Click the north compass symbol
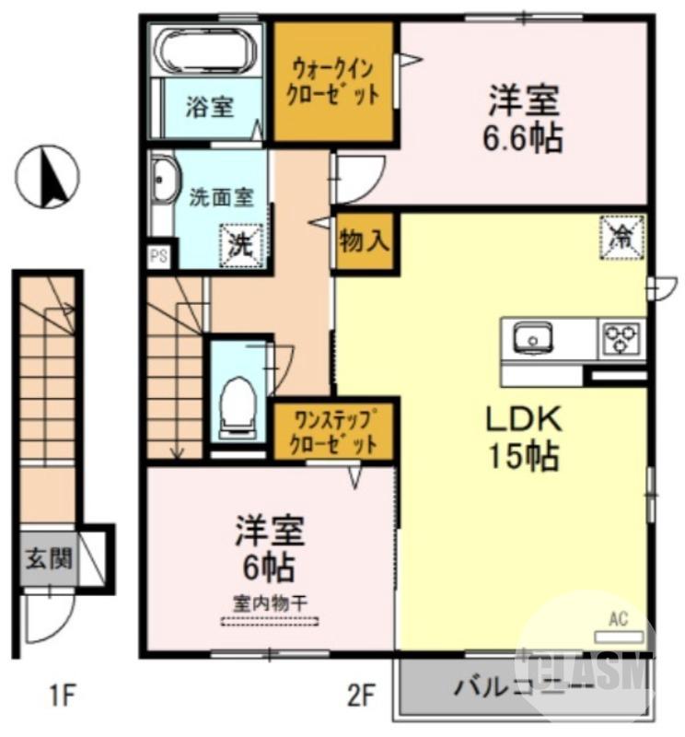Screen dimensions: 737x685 48,177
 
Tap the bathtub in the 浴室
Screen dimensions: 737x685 207,50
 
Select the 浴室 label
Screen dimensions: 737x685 209,107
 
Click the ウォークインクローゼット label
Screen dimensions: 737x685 334,82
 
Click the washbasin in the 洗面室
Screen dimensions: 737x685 164,182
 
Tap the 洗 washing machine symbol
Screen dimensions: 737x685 240,245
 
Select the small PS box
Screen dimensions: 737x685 158,256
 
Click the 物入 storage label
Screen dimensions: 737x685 366,242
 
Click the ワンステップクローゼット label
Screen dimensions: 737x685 334,431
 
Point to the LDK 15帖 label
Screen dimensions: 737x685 523,435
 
